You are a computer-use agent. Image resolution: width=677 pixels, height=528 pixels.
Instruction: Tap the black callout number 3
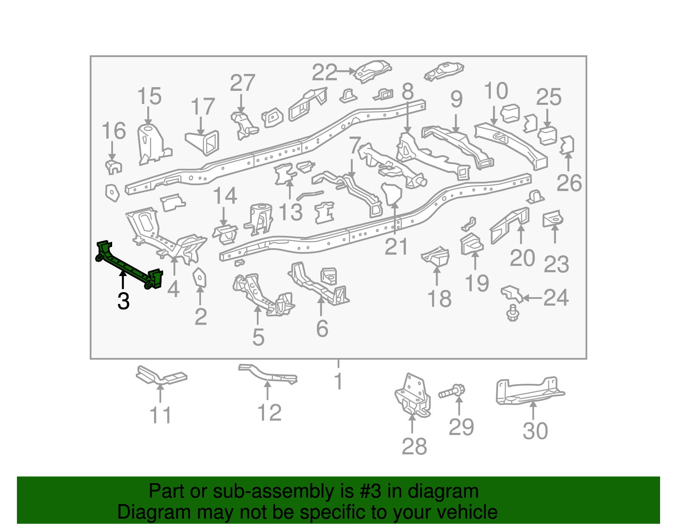[123, 301]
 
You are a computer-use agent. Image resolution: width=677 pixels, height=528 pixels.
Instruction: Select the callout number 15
[149, 96]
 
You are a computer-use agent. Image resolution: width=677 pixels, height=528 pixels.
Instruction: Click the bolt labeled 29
[452, 391]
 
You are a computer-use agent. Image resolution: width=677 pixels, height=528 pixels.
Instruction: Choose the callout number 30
[535, 431]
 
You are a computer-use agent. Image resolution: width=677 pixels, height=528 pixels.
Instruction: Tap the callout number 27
[242, 83]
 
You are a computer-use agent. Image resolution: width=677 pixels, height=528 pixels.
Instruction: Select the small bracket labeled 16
[113, 167]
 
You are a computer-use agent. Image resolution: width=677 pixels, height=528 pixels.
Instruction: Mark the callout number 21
[396, 247]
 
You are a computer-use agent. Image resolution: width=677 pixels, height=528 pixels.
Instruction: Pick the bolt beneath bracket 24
[513, 313]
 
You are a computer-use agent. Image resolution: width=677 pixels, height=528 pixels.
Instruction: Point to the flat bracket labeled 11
[161, 376]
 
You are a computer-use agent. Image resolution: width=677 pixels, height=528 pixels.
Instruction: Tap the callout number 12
[270, 413]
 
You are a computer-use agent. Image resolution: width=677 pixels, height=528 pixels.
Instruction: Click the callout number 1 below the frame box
[338, 381]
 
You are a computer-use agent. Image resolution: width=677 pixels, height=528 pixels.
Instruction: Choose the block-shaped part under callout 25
[547, 135]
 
